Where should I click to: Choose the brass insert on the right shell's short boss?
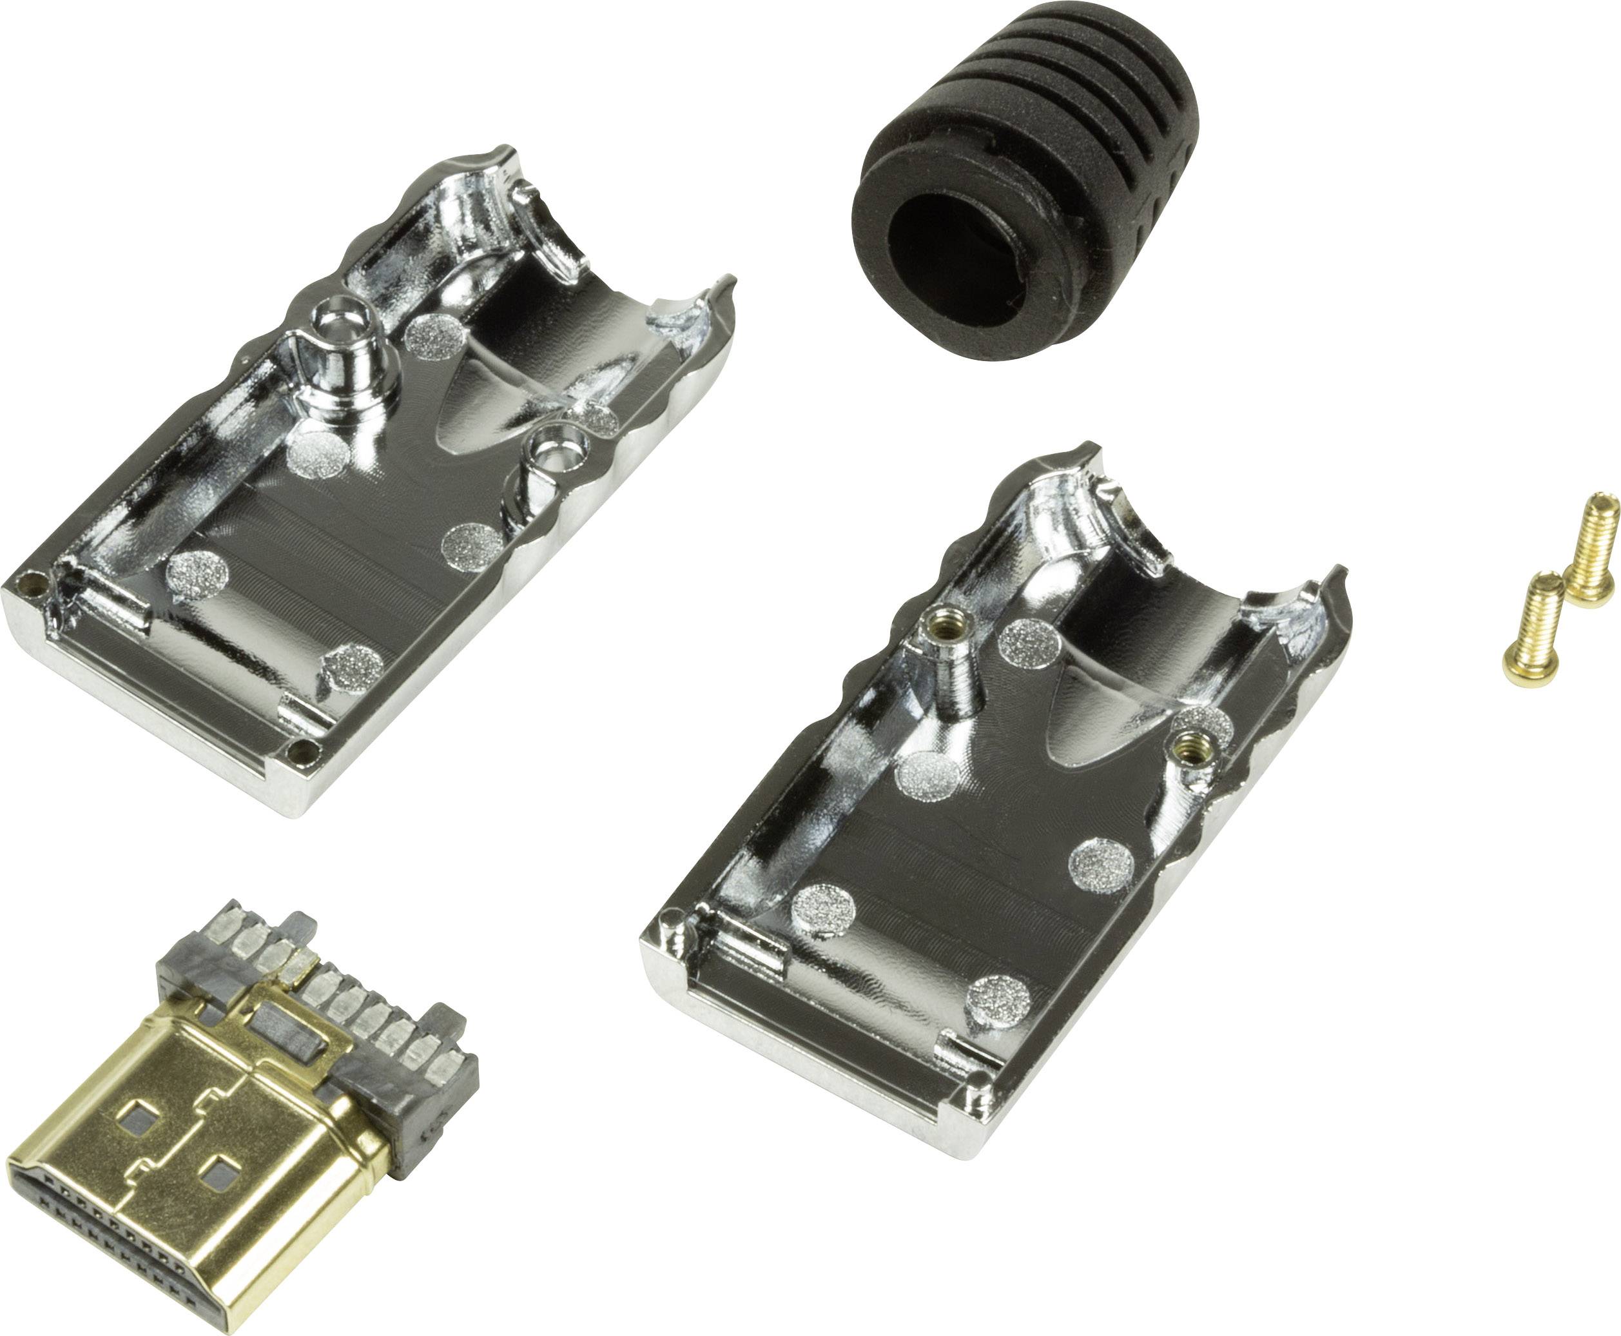point(1189,743)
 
